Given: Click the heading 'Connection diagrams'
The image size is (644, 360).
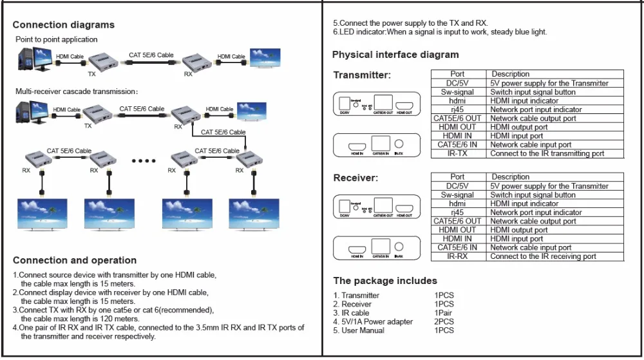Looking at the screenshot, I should coord(64,24).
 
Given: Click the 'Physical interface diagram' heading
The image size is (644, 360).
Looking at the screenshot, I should coord(395,55).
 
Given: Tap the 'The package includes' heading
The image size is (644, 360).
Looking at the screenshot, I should coord(385,281).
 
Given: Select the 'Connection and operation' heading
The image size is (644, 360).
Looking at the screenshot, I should coord(75,260).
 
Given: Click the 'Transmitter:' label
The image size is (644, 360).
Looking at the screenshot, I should coord(362,75).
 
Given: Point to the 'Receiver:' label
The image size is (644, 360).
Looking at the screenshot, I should coord(355,178).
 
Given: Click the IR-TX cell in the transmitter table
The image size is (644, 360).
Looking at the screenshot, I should coord(457,153).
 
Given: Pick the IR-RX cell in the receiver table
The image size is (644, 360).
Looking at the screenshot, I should coord(457,256).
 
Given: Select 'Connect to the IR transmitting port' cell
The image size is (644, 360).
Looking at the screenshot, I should coord(547,153).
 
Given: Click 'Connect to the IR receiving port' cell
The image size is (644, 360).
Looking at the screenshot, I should coord(543,256).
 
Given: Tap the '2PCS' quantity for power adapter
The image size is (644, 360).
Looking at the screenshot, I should coord(444,321).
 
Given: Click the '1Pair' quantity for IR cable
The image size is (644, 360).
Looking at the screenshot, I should coord(444,313).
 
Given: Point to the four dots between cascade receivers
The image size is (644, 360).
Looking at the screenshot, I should coord(144,160).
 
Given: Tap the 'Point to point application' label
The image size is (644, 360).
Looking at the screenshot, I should coord(57,39).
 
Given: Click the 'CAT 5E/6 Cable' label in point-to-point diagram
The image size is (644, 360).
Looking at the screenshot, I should coord(151,55).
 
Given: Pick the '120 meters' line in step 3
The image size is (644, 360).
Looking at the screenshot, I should coord(80,319).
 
